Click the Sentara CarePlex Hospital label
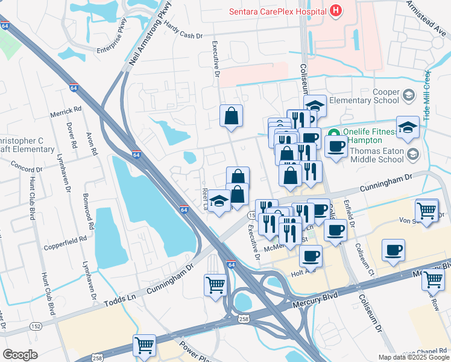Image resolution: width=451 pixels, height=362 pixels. click(277, 11)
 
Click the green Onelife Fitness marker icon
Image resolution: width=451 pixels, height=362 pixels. click(332, 132)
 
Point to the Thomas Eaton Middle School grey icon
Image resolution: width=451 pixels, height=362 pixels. click(413, 155)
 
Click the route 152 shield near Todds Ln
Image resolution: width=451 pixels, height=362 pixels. click(36, 326)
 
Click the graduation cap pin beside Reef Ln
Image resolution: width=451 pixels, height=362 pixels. click(219, 200)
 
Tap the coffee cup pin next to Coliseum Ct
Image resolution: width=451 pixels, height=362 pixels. click(393, 250)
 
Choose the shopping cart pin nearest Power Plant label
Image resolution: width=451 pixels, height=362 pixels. click(145, 346)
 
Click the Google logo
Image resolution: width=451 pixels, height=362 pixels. click(20, 354)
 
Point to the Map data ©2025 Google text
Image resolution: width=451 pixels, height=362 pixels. click(413, 357)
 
